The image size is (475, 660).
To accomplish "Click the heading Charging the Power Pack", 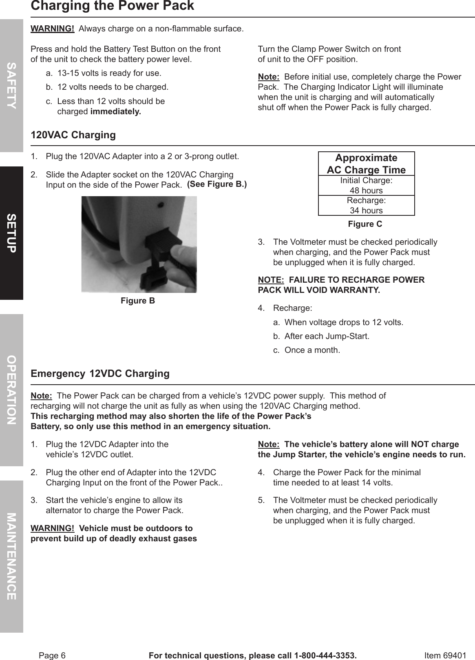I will point(113,6).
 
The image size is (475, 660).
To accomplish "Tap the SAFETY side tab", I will point(11,86).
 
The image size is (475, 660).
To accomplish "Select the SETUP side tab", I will point(11,233).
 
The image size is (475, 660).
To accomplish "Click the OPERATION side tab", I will point(11,390).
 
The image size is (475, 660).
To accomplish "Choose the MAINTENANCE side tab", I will point(11,556).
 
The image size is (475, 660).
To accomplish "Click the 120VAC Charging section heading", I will point(73,135).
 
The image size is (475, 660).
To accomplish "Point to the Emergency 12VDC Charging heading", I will point(100,374).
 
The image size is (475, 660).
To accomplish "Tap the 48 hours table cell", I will point(366,190).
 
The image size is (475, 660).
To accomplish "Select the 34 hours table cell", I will point(366,210).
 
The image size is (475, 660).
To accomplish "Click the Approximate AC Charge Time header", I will point(366,164).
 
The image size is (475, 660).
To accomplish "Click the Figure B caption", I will point(138,301).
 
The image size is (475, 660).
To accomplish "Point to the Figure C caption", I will point(365,224).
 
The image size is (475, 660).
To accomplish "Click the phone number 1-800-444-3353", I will point(325,656).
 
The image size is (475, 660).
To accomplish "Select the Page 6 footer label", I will point(52,656).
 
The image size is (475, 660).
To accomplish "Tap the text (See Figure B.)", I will point(217,184).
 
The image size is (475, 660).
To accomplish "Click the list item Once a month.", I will point(312,350).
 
